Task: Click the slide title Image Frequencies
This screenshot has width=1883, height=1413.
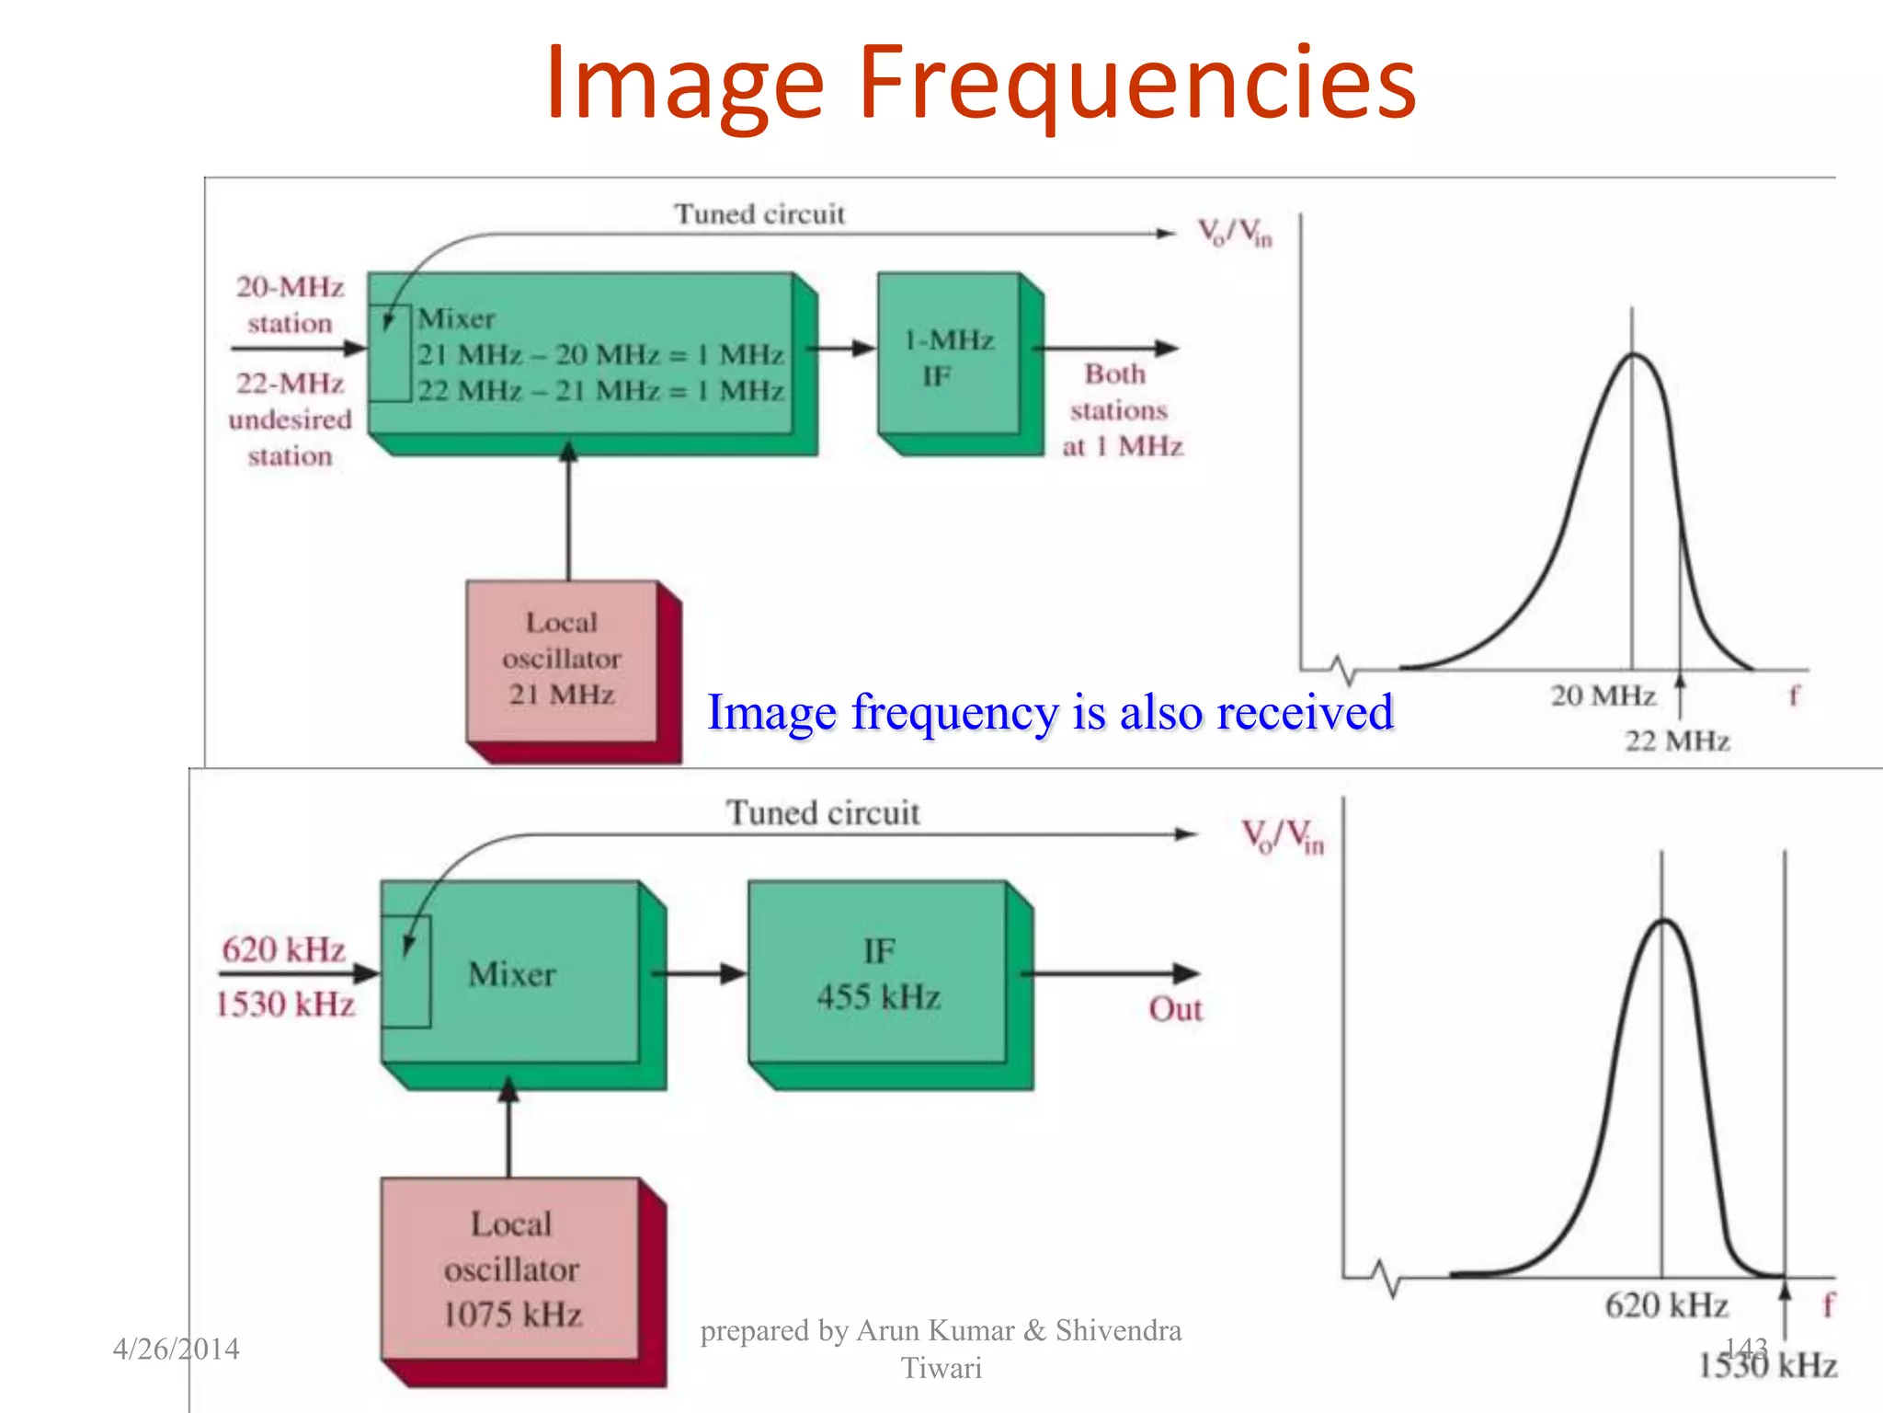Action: tap(980, 85)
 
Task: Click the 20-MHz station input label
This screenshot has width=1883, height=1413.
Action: tap(290, 304)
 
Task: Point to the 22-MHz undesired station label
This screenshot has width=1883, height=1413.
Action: tap(290, 419)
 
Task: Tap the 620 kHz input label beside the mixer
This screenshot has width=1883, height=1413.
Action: tap(283, 949)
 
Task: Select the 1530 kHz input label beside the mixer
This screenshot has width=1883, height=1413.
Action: tap(285, 1004)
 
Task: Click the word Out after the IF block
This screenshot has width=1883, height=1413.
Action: tap(1175, 1009)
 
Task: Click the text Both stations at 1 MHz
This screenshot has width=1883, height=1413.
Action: tap(1121, 410)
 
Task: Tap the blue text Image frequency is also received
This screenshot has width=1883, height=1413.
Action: tap(1050, 713)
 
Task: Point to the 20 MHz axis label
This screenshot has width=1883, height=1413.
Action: tap(1603, 695)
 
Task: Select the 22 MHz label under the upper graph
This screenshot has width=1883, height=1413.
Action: tap(1676, 741)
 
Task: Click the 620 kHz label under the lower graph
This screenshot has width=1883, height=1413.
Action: tap(1666, 1304)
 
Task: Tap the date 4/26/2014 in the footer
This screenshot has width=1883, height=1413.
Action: tap(176, 1349)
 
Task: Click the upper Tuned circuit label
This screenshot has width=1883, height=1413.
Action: tap(759, 214)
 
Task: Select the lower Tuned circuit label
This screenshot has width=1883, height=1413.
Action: tap(823, 813)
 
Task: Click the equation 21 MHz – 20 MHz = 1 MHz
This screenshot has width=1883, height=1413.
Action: tap(600, 355)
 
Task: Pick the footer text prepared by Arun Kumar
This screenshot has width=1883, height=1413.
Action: tap(941, 1348)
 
